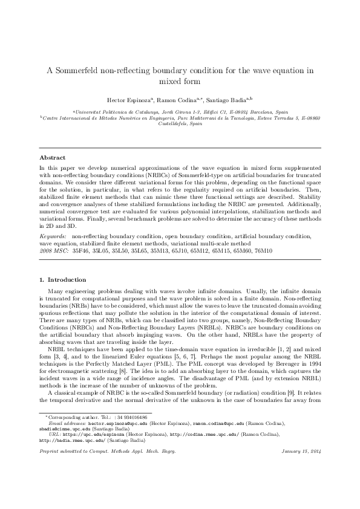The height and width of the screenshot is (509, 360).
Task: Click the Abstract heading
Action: pos(52,157)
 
